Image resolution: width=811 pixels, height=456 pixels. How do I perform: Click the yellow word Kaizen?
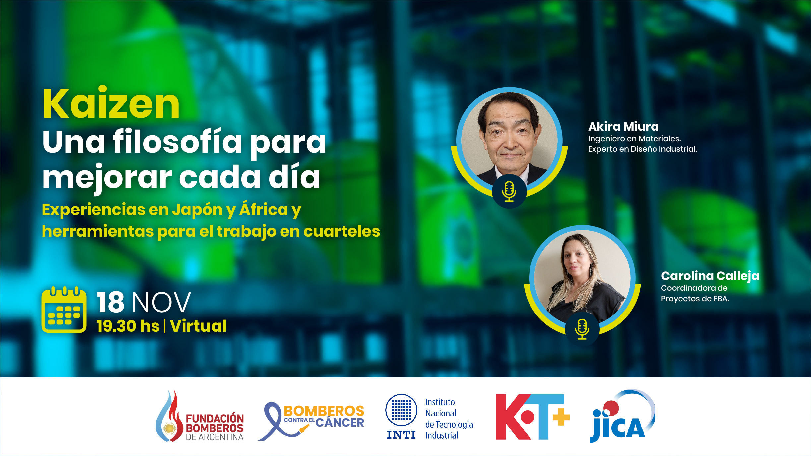point(111,104)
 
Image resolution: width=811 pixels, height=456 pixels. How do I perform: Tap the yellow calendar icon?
point(64,310)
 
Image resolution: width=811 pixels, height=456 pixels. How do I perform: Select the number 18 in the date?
point(110,302)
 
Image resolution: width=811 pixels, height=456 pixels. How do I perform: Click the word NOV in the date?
point(161,302)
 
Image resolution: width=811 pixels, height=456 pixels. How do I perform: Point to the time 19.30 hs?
point(128,326)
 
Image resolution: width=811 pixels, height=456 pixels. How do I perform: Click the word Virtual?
point(198,326)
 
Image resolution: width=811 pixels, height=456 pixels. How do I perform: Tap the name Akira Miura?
point(623,127)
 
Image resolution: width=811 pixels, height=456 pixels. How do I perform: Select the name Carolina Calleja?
point(710,276)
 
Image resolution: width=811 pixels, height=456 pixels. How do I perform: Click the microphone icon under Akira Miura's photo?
point(509,192)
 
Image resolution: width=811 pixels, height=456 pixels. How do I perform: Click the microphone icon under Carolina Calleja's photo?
point(582,329)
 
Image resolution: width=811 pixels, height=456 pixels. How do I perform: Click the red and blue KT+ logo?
point(532,417)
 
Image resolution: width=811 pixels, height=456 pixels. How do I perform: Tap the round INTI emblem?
point(401,410)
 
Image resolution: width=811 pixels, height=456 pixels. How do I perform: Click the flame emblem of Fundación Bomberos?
point(169,418)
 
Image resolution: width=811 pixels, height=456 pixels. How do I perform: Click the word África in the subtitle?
point(264,210)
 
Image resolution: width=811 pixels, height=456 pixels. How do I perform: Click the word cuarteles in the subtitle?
point(342,231)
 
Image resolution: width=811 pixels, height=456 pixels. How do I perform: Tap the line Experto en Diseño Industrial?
point(642,149)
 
